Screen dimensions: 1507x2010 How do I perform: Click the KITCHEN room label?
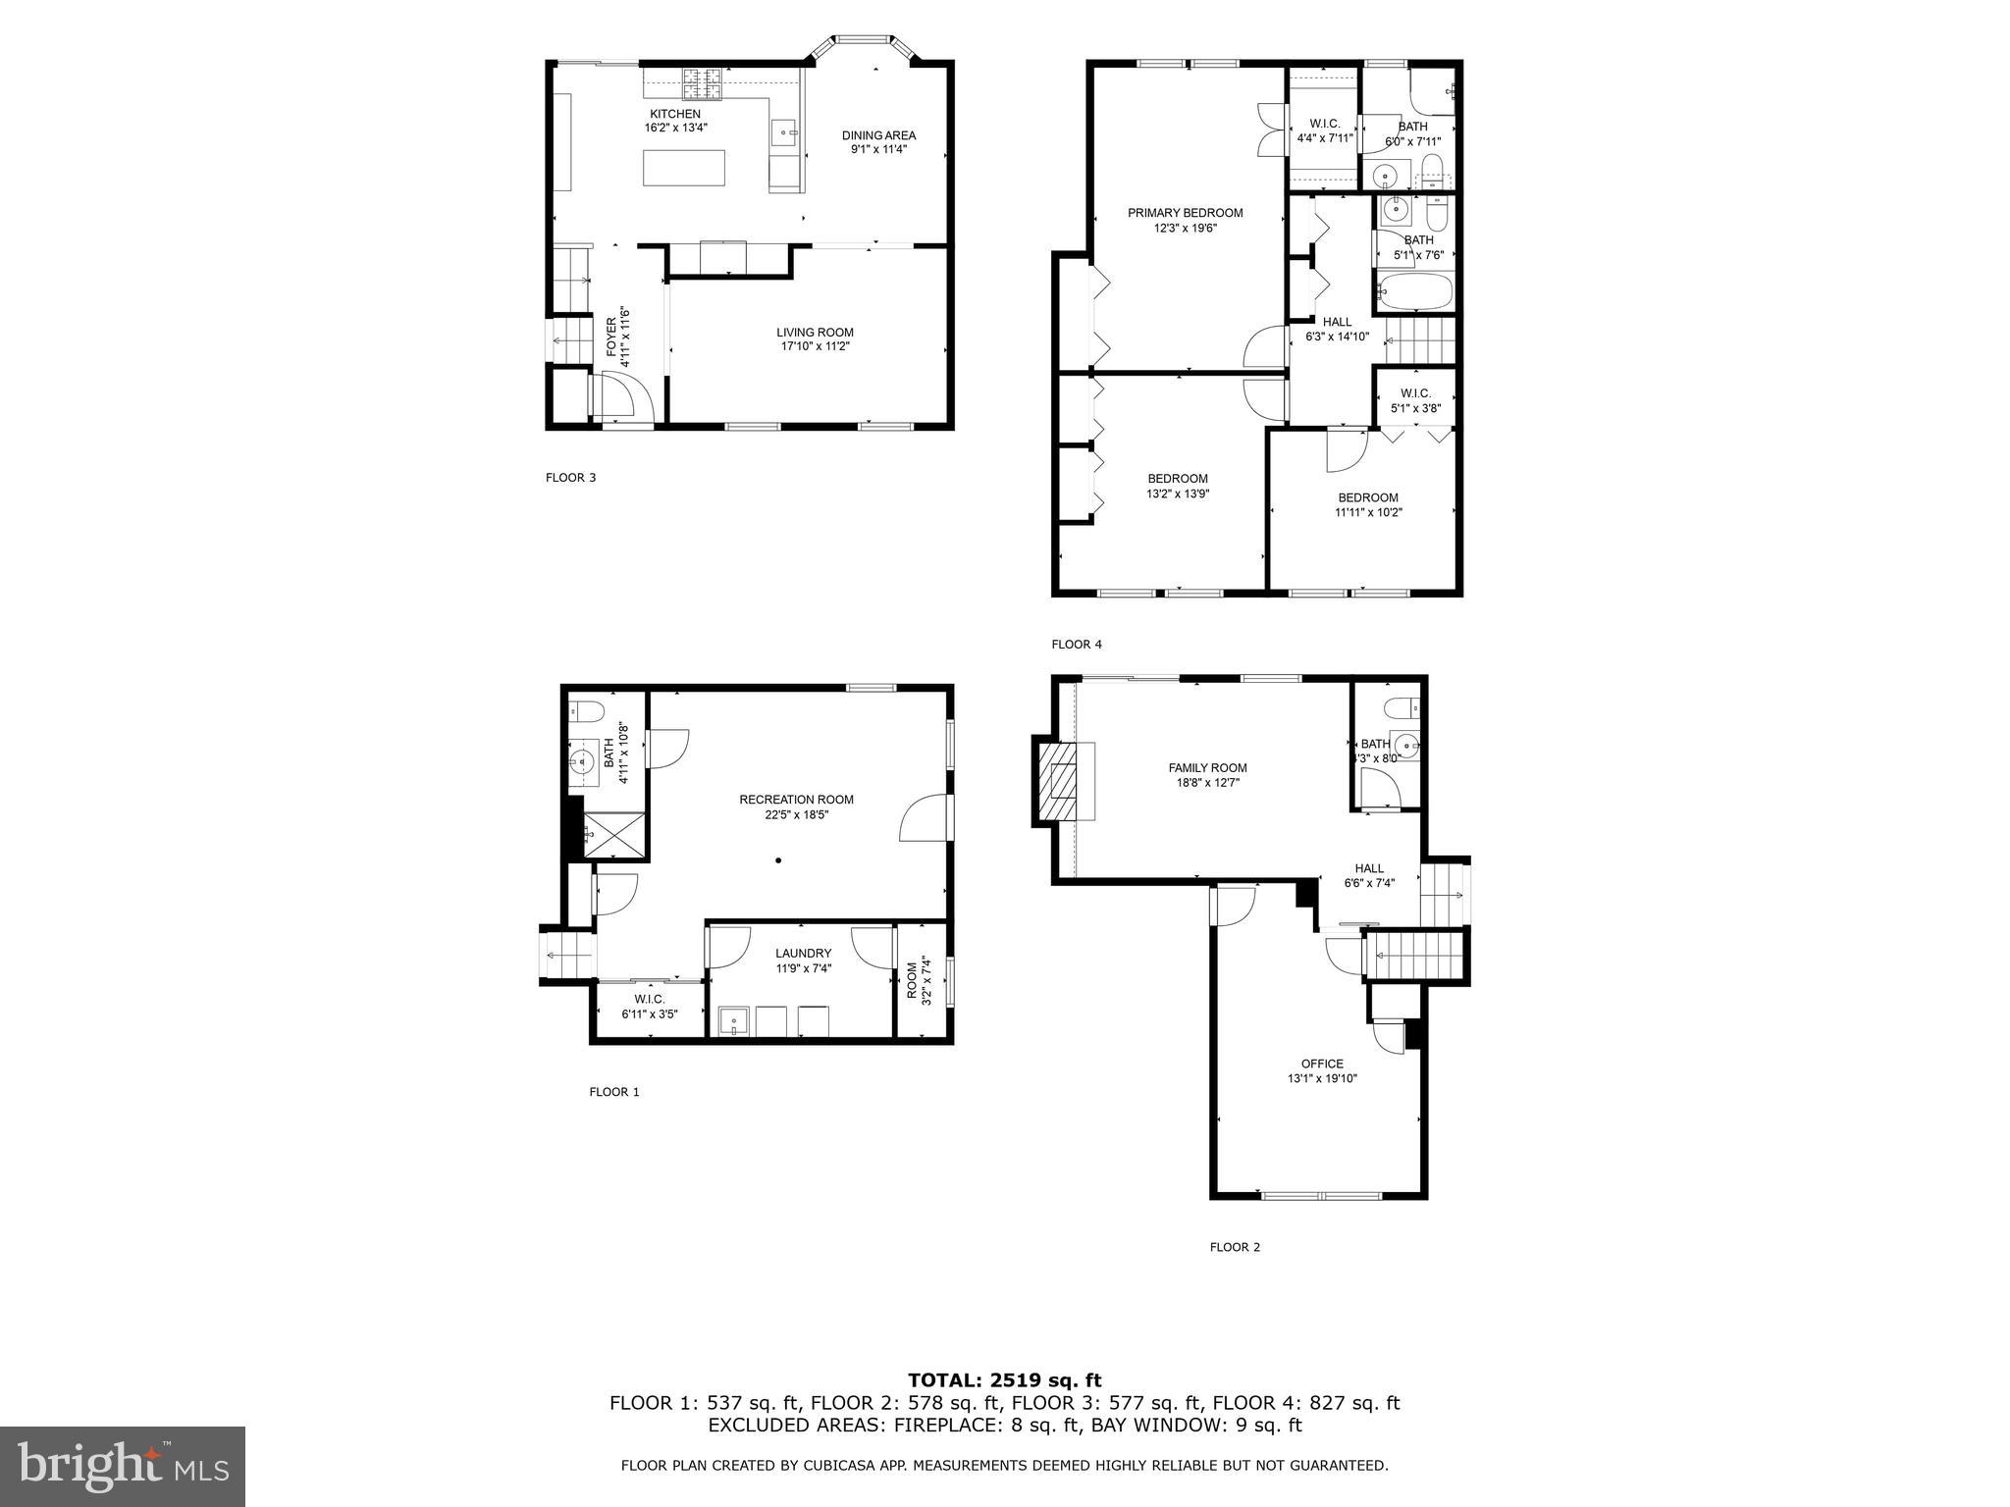pyautogui.click(x=675, y=115)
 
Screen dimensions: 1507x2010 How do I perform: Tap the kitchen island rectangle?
pyautogui.click(x=684, y=168)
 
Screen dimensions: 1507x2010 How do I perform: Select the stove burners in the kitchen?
pyautogui.click(x=702, y=83)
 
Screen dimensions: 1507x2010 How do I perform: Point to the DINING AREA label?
pyautogui.click(x=878, y=135)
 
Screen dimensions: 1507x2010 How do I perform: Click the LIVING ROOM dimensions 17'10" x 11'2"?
pyautogui.click(x=815, y=345)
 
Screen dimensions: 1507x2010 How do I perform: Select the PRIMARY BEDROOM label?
pyautogui.click(x=1185, y=213)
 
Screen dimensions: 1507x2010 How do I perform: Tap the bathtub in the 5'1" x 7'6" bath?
pyautogui.click(x=1414, y=291)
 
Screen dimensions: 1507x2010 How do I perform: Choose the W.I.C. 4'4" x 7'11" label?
pyautogui.click(x=1324, y=130)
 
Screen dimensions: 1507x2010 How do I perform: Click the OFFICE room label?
pyautogui.click(x=1322, y=1064)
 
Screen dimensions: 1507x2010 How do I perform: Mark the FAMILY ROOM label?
pyautogui.click(x=1207, y=768)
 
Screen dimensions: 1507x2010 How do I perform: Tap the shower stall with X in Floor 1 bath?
pyautogui.click(x=614, y=836)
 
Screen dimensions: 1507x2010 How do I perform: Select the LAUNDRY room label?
pyautogui.click(x=803, y=953)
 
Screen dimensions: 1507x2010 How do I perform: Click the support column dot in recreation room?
pyautogui.click(x=778, y=860)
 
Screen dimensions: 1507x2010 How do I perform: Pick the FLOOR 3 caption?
pyautogui.click(x=570, y=478)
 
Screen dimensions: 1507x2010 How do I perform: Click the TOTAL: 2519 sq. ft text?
pyautogui.click(x=1004, y=1380)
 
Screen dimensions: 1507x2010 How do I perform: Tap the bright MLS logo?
pyautogui.click(x=123, y=1467)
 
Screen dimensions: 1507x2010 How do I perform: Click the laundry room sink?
pyautogui.click(x=733, y=1022)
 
